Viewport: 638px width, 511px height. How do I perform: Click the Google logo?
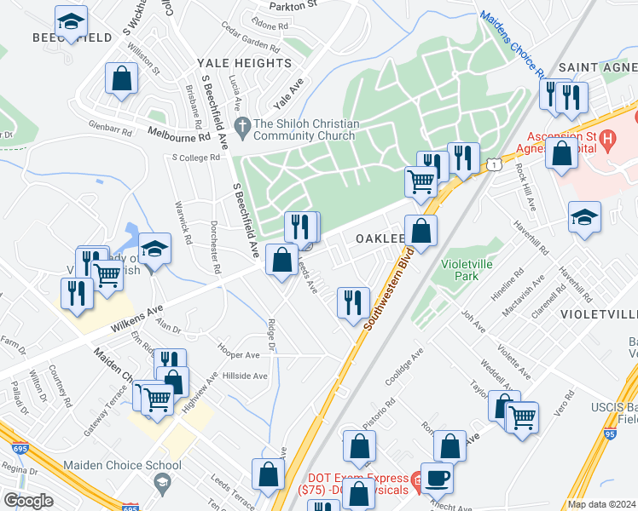click(x=28, y=500)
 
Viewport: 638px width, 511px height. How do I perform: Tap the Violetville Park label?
click(x=467, y=270)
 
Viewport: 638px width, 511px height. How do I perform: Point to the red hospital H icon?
click(x=607, y=136)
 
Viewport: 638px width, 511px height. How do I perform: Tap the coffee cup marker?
click(x=438, y=478)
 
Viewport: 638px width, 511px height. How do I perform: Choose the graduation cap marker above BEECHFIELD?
click(x=71, y=20)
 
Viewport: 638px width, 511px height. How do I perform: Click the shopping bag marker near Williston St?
click(x=122, y=79)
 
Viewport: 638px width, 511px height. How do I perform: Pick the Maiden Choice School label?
click(x=122, y=465)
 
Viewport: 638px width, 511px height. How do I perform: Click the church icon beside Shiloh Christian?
click(x=243, y=123)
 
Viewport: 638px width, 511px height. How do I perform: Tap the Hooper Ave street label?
click(x=239, y=354)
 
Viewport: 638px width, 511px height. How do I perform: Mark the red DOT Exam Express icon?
click(x=415, y=480)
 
